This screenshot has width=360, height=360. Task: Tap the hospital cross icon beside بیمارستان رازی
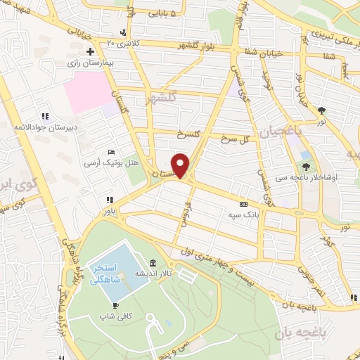[x=90, y=51]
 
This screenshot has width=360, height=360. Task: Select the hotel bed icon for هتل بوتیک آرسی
[x=111, y=153]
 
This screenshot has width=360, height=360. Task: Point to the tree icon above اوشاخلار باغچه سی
[x=307, y=167]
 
